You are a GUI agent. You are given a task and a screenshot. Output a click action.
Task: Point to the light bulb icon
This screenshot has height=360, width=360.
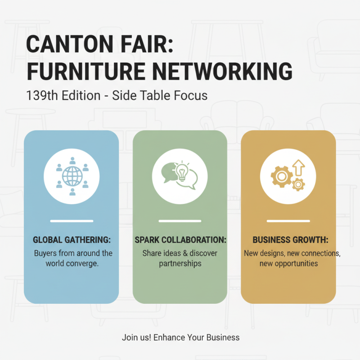point(182,171)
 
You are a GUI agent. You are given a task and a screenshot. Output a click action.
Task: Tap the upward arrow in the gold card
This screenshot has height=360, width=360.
point(298,168)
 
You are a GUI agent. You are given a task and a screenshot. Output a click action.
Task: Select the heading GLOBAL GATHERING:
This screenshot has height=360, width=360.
point(72,240)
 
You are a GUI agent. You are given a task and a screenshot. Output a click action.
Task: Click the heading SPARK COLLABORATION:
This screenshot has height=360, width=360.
point(180,240)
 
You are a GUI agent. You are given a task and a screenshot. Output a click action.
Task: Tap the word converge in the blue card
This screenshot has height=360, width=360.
point(83,263)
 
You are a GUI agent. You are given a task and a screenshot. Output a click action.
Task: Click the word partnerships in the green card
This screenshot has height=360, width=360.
point(180,263)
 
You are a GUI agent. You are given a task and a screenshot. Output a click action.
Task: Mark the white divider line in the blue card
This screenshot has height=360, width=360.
point(72,221)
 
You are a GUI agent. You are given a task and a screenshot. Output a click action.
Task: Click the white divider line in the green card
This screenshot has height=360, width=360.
point(180,221)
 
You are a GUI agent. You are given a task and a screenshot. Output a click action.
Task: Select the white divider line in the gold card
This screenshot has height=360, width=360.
point(288,221)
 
